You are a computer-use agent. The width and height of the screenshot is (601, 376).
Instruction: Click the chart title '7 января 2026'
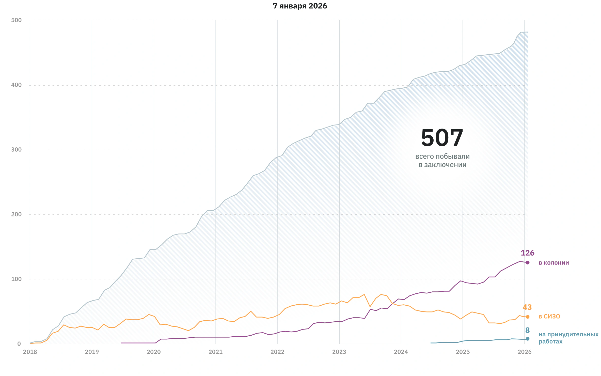pyautogui.click(x=300, y=6)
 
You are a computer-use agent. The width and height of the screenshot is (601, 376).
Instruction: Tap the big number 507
pyautogui.click(x=442, y=138)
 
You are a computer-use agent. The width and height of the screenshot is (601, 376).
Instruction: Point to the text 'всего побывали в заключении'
pyautogui.click(x=442, y=161)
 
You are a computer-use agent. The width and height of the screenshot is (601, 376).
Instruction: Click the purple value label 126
pyautogui.click(x=527, y=253)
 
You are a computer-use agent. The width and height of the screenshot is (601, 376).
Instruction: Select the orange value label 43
pyautogui.click(x=527, y=307)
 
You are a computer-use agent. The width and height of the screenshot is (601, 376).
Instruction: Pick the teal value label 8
pyautogui.click(x=527, y=330)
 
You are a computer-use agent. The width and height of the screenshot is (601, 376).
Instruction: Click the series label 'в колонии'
pyautogui.click(x=554, y=263)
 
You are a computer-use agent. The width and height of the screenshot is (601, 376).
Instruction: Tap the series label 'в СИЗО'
pyautogui.click(x=549, y=317)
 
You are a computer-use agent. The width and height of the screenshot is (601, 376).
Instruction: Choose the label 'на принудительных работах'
pyautogui.click(x=568, y=338)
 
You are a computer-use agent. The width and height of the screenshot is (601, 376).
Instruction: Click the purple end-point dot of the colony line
pyautogui.click(x=528, y=263)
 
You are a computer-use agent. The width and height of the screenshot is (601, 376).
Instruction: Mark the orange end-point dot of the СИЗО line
pyautogui.click(x=528, y=317)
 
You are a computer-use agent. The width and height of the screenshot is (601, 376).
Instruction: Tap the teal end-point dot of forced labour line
pyautogui.click(x=528, y=339)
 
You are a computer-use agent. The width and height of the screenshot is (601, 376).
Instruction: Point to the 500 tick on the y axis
pyautogui.click(x=17, y=20)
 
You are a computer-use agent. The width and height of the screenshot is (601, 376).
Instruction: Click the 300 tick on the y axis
pyautogui.click(x=17, y=150)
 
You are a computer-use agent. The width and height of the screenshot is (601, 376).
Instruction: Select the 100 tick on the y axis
pyautogui.click(x=17, y=279)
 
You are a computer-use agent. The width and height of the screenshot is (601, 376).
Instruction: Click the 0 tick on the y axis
pyautogui.click(x=19, y=344)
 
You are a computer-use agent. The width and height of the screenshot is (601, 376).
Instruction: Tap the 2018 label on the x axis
pyautogui.click(x=30, y=352)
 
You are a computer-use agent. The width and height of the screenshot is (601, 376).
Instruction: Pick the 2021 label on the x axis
pyautogui.click(x=215, y=352)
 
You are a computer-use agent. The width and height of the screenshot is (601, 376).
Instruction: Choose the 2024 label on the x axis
pyautogui.click(x=401, y=352)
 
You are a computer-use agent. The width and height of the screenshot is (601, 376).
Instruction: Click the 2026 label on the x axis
pyautogui.click(x=525, y=352)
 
